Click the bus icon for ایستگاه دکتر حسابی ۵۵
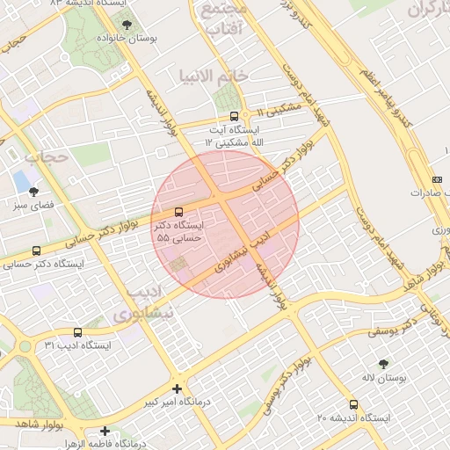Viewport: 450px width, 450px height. pyautogui.click(x=179, y=212)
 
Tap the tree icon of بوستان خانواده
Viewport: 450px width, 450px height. pyautogui.click(x=127, y=25)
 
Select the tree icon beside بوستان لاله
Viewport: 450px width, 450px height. pyautogui.click(x=382, y=362)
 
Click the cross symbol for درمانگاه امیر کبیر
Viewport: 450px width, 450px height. pyautogui.click(x=178, y=388)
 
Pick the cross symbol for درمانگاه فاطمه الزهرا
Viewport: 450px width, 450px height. pyautogui.click(x=105, y=431)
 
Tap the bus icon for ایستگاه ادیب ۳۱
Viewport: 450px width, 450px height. pyautogui.click(x=78, y=332)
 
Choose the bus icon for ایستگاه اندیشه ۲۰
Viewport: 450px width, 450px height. pyautogui.click(x=353, y=404)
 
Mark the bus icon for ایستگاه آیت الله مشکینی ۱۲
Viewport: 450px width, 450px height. pyautogui.click(x=233, y=116)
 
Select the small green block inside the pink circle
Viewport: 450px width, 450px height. pyautogui.click(x=179, y=265)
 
